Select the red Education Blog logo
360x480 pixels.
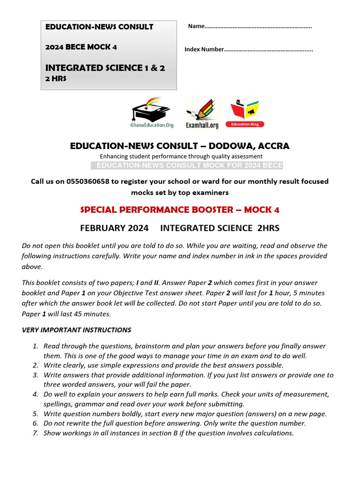pos(245,113)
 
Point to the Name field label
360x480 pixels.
pos(196,26)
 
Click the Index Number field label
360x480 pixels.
pos(204,49)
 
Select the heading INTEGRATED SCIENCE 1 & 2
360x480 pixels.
pos(105,68)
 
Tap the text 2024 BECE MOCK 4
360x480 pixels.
pos(81,47)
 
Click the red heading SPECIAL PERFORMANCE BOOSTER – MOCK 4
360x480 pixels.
pos(180,209)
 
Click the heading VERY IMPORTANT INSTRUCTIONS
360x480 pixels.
pos(76,330)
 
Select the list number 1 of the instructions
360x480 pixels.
pos(35,346)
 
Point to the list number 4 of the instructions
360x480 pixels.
pos(35,394)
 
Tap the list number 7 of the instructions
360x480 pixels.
pos(35,433)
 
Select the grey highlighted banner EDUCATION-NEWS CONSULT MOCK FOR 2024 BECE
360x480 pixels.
pos(187,165)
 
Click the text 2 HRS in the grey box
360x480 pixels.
pos(56,79)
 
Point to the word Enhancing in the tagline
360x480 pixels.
pos(113,156)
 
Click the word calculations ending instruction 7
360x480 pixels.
pos(272,433)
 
